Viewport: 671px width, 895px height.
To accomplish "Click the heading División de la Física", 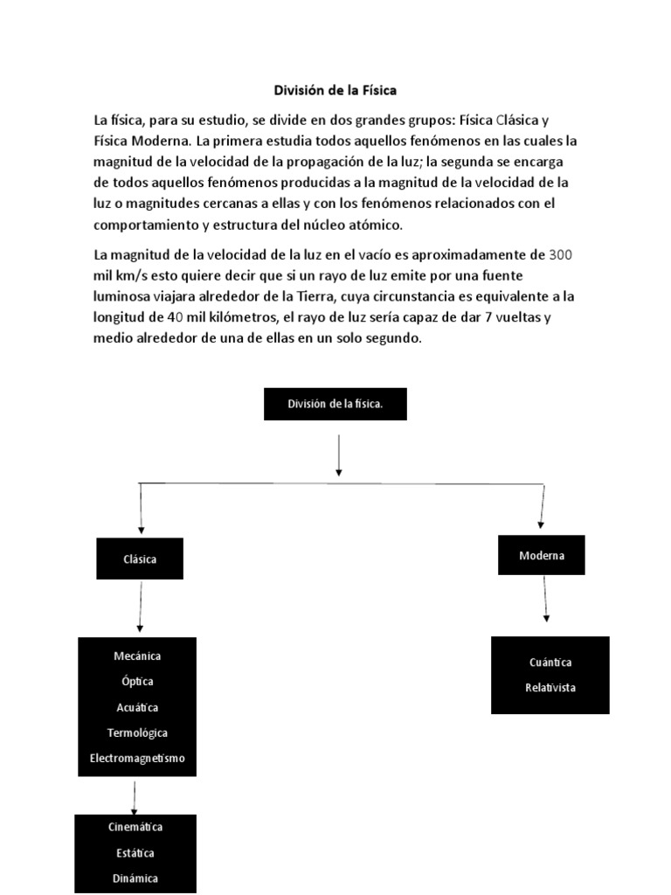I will pyautogui.click(x=335, y=90).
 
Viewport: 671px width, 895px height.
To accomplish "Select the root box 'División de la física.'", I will pyautogui.click(x=335, y=404).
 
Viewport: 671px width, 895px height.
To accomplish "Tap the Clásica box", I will pyautogui.click(x=140, y=559).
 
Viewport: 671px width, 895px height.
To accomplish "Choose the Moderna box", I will pyautogui.click(x=542, y=555).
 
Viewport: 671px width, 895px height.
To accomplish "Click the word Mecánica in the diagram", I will pyautogui.click(x=137, y=656).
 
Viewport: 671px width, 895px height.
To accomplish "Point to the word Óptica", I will pyautogui.click(x=137, y=681).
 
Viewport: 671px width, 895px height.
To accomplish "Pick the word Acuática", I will pyautogui.click(x=137, y=707).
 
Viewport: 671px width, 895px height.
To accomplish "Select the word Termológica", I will pyautogui.click(x=137, y=732).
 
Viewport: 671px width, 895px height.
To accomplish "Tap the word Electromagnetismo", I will pyautogui.click(x=137, y=759).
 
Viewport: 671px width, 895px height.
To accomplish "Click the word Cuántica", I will pyautogui.click(x=550, y=663).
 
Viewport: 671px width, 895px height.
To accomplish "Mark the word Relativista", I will pyautogui.click(x=550, y=688).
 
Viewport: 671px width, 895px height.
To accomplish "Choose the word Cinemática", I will pyautogui.click(x=135, y=827).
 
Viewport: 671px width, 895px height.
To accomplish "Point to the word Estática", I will pyautogui.click(x=135, y=853).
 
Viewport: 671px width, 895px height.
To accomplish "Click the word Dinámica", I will pyautogui.click(x=135, y=878).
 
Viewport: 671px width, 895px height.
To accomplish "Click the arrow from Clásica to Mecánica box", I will pyautogui.click(x=140, y=607).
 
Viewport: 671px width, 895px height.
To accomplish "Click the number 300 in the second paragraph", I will pyautogui.click(x=560, y=254).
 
